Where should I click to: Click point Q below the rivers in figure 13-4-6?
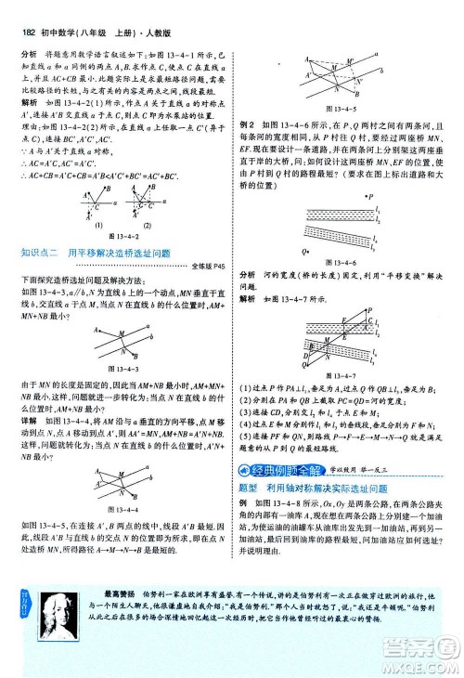tap(303, 250)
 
